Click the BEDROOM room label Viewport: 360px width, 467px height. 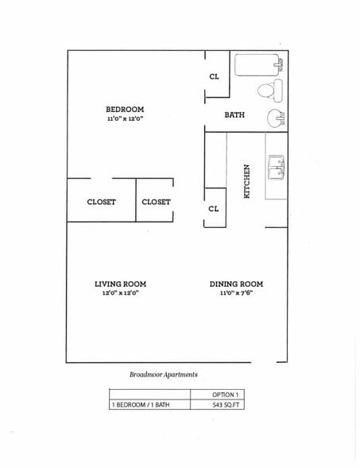tap(125, 109)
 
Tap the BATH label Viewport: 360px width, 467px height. tap(234, 115)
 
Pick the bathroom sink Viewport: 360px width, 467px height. tap(276, 118)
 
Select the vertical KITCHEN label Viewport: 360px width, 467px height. tap(247, 181)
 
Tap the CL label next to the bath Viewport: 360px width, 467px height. tap(214, 76)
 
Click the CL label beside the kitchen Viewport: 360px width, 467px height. tap(214, 209)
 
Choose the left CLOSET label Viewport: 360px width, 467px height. tap(101, 202)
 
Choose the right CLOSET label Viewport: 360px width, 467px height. tap(156, 202)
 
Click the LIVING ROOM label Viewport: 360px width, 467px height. tap(120, 284)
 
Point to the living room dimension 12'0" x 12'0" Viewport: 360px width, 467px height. tap(120, 293)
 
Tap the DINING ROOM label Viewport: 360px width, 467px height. tap(236, 284)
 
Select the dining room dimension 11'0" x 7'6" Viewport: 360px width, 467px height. tap(236, 293)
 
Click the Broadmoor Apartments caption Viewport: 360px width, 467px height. tap(163, 374)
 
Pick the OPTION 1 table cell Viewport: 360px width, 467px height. tap(226, 395)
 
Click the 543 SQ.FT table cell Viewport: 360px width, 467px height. tap(226, 405)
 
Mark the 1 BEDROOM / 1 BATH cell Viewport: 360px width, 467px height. tap(140, 405)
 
